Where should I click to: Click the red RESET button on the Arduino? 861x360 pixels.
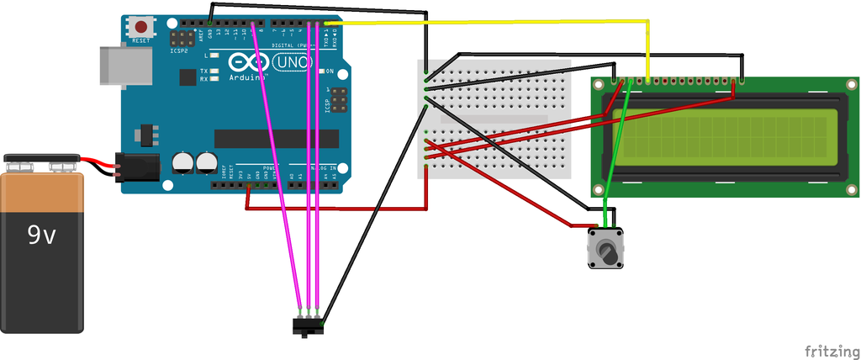141,27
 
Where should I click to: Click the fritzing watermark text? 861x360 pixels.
831,350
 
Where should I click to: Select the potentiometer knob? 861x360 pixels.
605,251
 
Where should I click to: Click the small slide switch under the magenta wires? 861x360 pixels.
308,326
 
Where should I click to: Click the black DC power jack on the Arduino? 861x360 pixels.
136,167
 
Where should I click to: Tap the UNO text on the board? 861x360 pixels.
291,62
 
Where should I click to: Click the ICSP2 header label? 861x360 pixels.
179,50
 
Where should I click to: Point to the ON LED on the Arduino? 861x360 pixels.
320,71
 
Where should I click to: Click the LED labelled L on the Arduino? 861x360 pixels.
215,56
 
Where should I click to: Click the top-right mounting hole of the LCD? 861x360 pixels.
850,86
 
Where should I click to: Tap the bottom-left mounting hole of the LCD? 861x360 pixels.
599,189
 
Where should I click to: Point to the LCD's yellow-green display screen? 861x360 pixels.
723,135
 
